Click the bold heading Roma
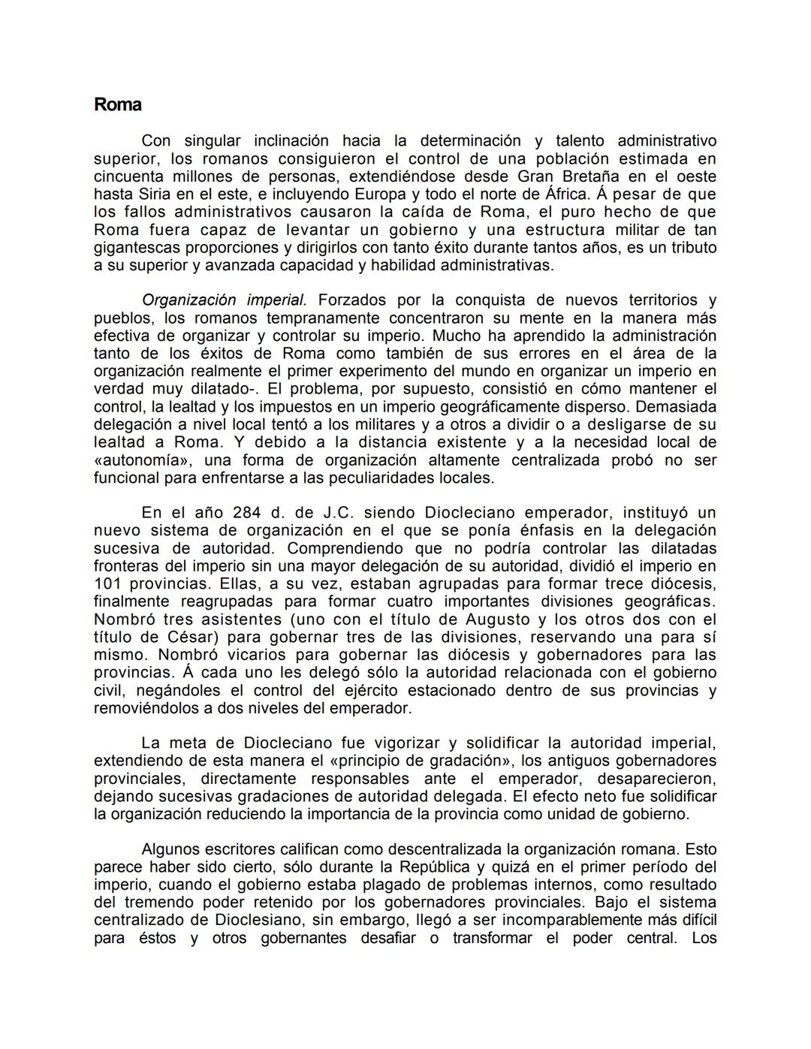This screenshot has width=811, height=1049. coord(117,104)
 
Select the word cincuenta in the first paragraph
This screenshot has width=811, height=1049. coord(128,176)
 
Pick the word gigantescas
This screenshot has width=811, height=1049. coord(134,248)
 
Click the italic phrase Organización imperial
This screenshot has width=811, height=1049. coord(224,300)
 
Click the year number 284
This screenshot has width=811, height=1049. coord(247,513)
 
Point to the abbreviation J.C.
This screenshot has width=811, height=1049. coord(343,513)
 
